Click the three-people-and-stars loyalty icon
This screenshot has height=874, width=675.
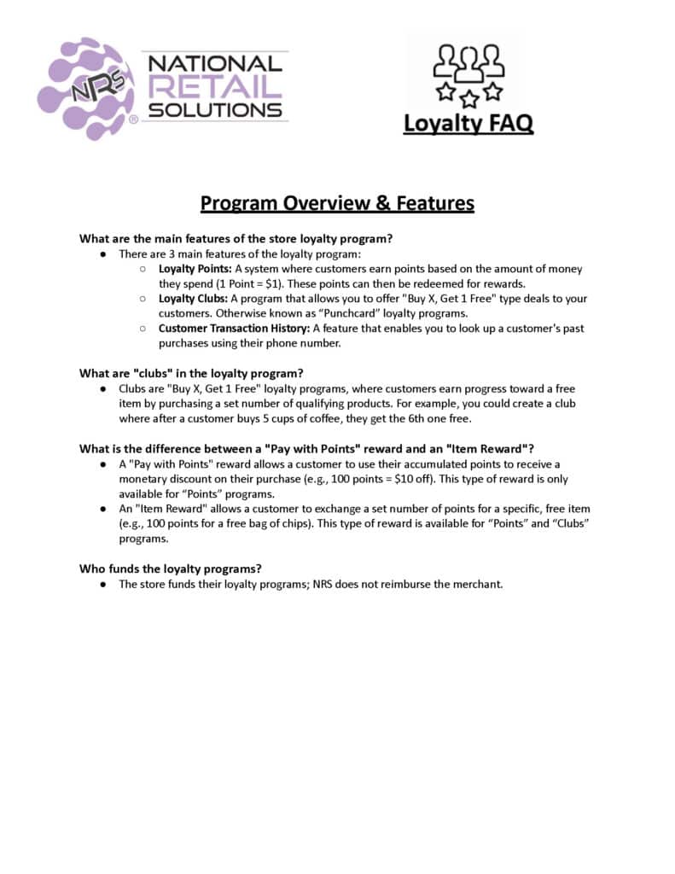point(468,71)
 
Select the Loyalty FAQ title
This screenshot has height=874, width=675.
point(468,124)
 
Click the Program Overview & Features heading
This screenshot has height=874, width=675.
point(337,203)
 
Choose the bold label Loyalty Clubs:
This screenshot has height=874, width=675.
point(193,299)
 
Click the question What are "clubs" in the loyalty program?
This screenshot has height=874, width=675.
point(192,373)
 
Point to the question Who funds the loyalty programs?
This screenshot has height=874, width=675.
point(171,568)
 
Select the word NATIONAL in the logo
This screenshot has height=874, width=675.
point(215,63)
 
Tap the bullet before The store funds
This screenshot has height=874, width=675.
point(102,584)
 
